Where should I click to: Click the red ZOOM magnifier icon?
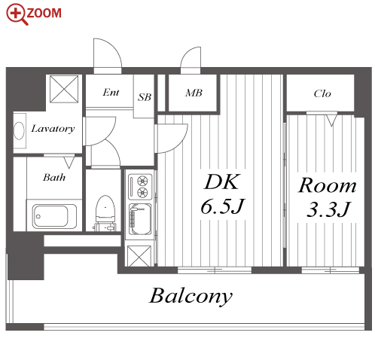coord(17,14)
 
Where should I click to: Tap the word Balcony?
coord(191,297)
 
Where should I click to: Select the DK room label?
coord(221,182)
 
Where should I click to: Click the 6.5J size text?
coord(222,206)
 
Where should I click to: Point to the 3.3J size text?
coord(328,209)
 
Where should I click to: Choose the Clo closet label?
coord(322,93)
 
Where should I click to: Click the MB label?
coord(194,93)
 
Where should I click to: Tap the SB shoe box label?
coord(145,97)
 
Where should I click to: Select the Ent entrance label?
coord(111,93)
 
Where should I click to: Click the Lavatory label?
coord(53,129)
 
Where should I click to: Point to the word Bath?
coord(54,178)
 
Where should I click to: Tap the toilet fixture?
coord(105,213)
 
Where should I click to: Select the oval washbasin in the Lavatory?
coord(20,130)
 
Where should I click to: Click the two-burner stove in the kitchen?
coord(140,187)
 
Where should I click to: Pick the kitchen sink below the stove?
coord(140,219)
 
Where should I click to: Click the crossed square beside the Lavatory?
coord(64,89)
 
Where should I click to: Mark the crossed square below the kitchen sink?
coord(139,256)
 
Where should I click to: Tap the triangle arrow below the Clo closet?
coord(331,121)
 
